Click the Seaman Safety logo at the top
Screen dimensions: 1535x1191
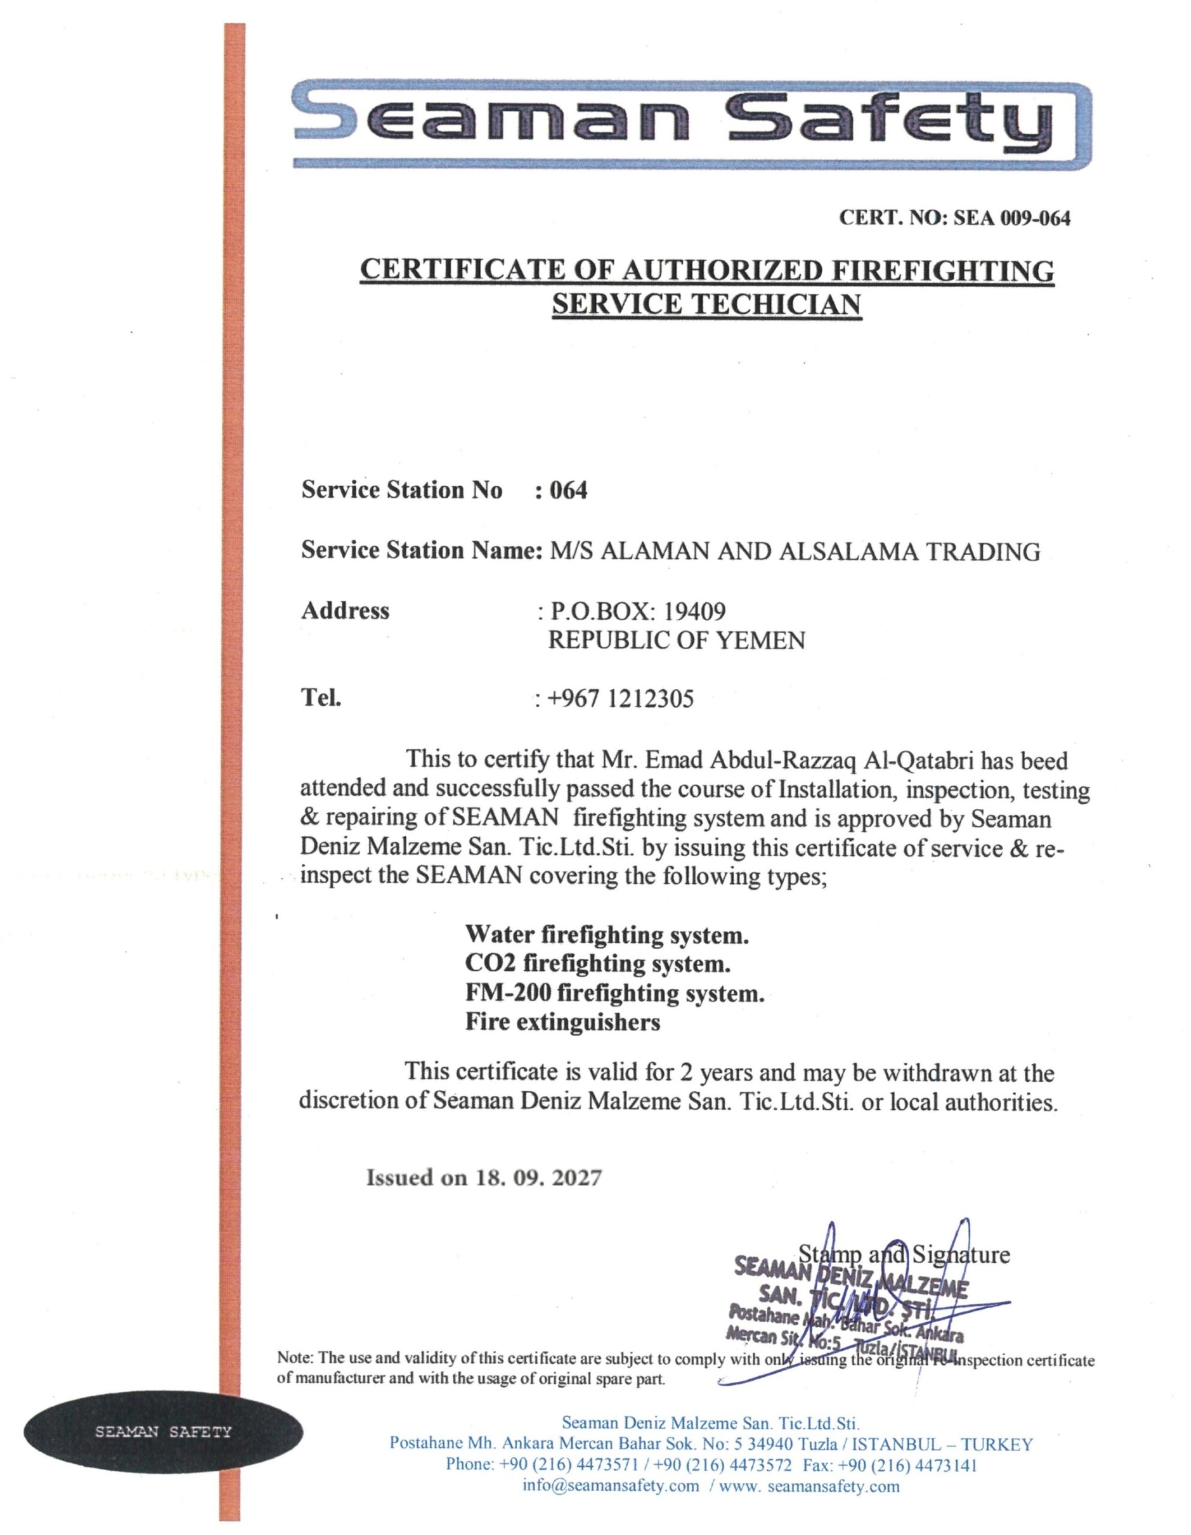692,124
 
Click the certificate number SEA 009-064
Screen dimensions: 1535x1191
1011,219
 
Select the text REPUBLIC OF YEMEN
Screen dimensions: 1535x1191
676,640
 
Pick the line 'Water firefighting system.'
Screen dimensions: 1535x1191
607,935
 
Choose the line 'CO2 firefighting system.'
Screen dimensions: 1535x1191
597,964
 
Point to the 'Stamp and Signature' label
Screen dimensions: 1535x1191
904,1254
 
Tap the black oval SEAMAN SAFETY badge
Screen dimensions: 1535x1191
163,1432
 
